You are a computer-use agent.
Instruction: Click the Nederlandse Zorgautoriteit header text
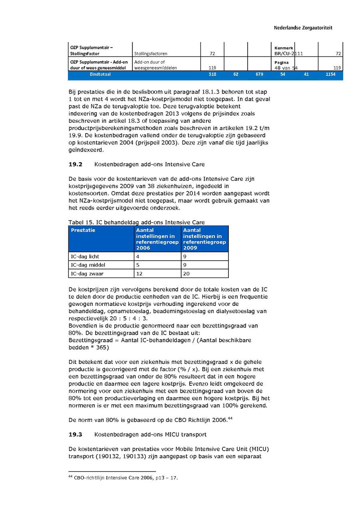(303, 28)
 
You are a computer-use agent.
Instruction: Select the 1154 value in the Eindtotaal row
(330, 74)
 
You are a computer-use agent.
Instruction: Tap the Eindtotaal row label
(100, 74)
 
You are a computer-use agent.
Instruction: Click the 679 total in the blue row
(259, 74)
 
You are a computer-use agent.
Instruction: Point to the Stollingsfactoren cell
(151, 54)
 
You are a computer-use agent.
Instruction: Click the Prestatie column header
(83, 230)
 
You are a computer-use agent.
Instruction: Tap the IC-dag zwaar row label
(87, 274)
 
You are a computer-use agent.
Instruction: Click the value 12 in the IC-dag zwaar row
(139, 274)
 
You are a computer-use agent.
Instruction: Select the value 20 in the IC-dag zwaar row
(186, 274)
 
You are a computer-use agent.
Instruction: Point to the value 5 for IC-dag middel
(138, 265)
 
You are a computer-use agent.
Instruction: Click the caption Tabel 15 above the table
(136, 222)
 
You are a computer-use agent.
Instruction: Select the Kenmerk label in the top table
(284, 48)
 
